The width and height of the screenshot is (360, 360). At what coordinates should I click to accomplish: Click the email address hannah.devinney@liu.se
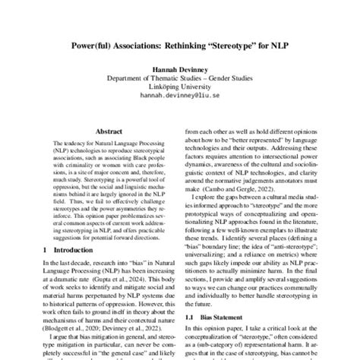click(x=180, y=96)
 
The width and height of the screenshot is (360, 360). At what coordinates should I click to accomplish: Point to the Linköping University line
click(x=180, y=87)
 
